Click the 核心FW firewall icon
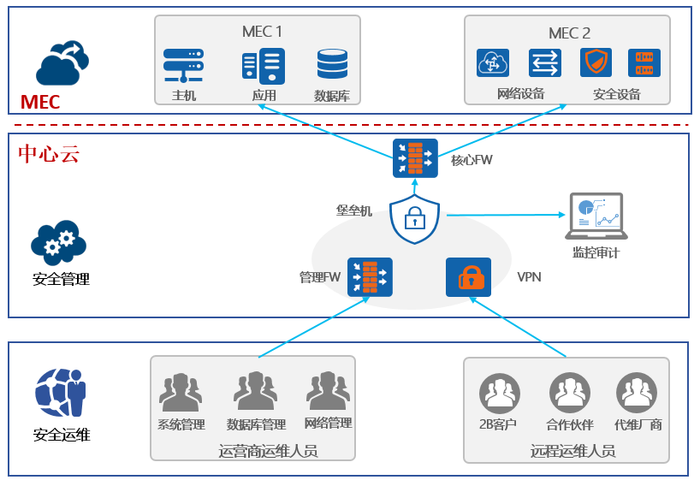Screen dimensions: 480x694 [x=415, y=158]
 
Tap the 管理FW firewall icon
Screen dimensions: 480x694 [x=370, y=277]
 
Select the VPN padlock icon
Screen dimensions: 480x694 [x=468, y=277]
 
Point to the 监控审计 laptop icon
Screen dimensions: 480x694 [x=596, y=216]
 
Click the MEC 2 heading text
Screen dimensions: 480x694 [x=569, y=33]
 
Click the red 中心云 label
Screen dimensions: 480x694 [x=49, y=154]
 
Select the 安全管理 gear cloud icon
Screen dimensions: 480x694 [x=59, y=242]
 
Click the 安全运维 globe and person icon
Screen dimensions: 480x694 [x=60, y=393]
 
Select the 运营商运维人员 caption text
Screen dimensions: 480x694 [x=268, y=450]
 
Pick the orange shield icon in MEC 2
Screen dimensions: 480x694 [x=596, y=62]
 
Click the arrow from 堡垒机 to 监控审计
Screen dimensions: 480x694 [x=505, y=215]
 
